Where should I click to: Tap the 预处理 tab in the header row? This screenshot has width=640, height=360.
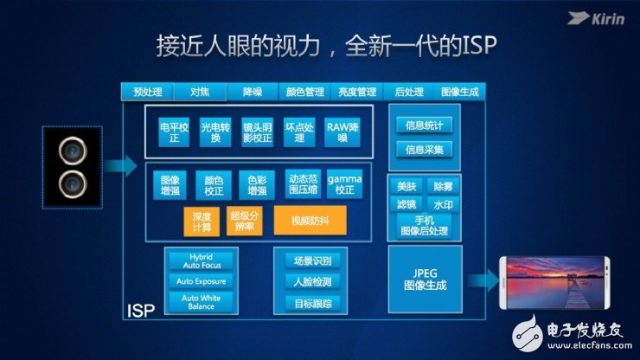(x=147, y=92)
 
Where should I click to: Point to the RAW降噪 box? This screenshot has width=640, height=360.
(x=342, y=131)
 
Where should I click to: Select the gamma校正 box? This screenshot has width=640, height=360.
(x=344, y=183)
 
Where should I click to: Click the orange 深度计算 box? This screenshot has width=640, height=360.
(x=202, y=220)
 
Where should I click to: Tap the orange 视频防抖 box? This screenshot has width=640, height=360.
(x=310, y=220)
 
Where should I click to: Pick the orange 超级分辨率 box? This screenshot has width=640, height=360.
(x=245, y=220)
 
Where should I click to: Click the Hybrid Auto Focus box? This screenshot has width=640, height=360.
(x=201, y=260)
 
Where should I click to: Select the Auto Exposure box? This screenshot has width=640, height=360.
(x=201, y=281)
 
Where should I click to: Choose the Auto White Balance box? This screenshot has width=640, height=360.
(x=201, y=302)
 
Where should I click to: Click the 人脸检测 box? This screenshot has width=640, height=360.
(x=309, y=281)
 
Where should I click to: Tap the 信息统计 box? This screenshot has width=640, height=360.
(x=424, y=125)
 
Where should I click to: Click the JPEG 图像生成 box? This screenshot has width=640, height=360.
(x=425, y=279)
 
